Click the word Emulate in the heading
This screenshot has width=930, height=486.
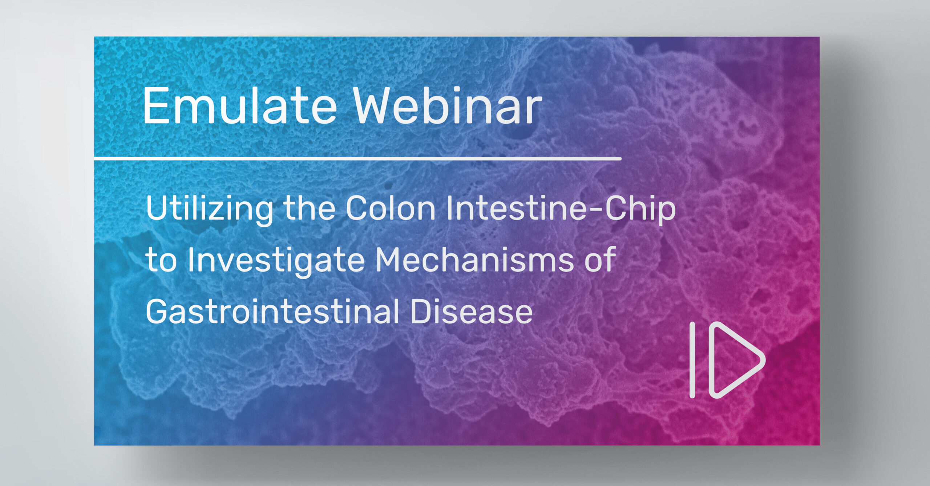click(x=240, y=106)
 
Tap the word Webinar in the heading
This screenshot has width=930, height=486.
click(x=448, y=106)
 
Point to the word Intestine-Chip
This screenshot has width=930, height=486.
click(x=561, y=209)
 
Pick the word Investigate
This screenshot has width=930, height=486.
click(x=276, y=261)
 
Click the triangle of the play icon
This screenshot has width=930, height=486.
click(x=736, y=360)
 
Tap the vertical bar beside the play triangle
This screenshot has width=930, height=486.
click(x=692, y=360)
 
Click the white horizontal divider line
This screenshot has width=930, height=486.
click(x=358, y=159)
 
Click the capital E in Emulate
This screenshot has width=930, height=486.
click(x=155, y=106)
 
